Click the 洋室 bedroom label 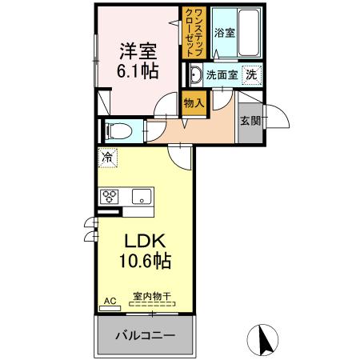(x=137, y=50)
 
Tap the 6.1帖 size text (x=137, y=70)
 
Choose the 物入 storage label (x=193, y=102)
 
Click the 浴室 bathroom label (x=225, y=33)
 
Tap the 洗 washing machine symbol (x=251, y=75)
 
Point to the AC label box (x=110, y=302)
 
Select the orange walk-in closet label (x=193, y=31)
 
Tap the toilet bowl (x=114, y=129)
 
